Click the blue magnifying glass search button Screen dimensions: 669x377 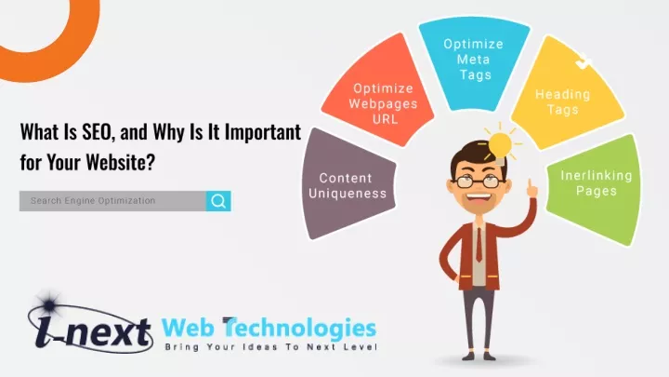(218, 201)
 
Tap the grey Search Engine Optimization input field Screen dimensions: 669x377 (112, 201)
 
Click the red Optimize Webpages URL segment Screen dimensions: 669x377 (380, 92)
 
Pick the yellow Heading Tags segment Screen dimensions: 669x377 (565, 94)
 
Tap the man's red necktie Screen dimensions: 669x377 (479, 245)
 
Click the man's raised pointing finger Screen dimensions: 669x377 (531, 185)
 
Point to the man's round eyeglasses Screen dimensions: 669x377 (478, 182)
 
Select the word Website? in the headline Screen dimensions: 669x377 (120, 162)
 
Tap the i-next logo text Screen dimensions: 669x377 (94, 331)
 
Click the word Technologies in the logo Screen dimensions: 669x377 (299, 330)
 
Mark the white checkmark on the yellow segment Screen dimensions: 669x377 (584, 62)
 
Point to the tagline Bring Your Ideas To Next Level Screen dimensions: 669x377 (271, 346)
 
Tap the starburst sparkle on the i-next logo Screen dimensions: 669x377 (49, 304)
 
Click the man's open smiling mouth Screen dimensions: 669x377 (479, 198)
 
